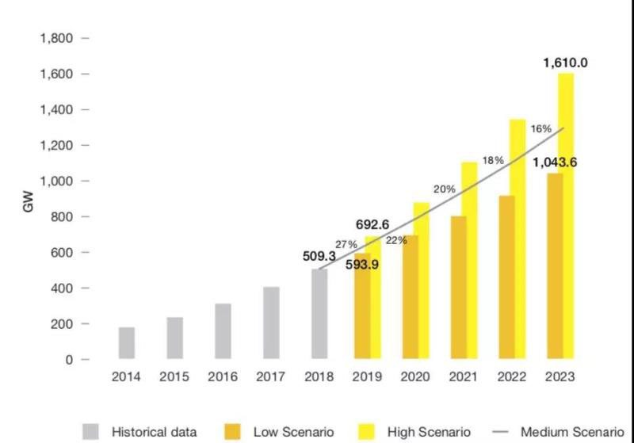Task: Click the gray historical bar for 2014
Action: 127,343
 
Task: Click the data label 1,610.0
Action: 565,63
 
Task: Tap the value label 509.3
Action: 319,256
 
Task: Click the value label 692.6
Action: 369,224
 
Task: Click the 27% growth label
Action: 347,245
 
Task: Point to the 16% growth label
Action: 541,128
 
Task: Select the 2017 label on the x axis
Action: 271,377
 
